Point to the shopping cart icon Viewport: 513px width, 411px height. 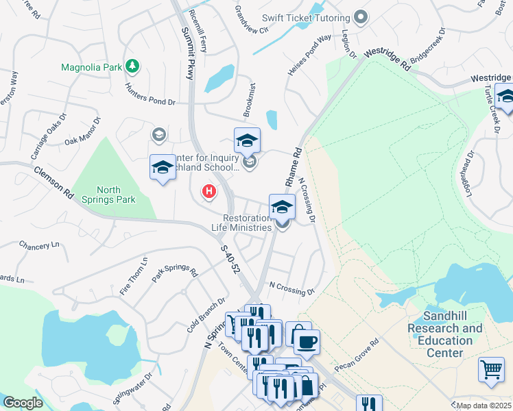coord(491,369)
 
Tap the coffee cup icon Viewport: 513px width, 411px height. coord(307,340)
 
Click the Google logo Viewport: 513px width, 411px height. coord(23,403)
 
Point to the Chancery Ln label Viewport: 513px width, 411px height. coord(39,245)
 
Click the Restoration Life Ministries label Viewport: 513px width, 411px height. coord(242,223)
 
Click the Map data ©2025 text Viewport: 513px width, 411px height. coord(484,406)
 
